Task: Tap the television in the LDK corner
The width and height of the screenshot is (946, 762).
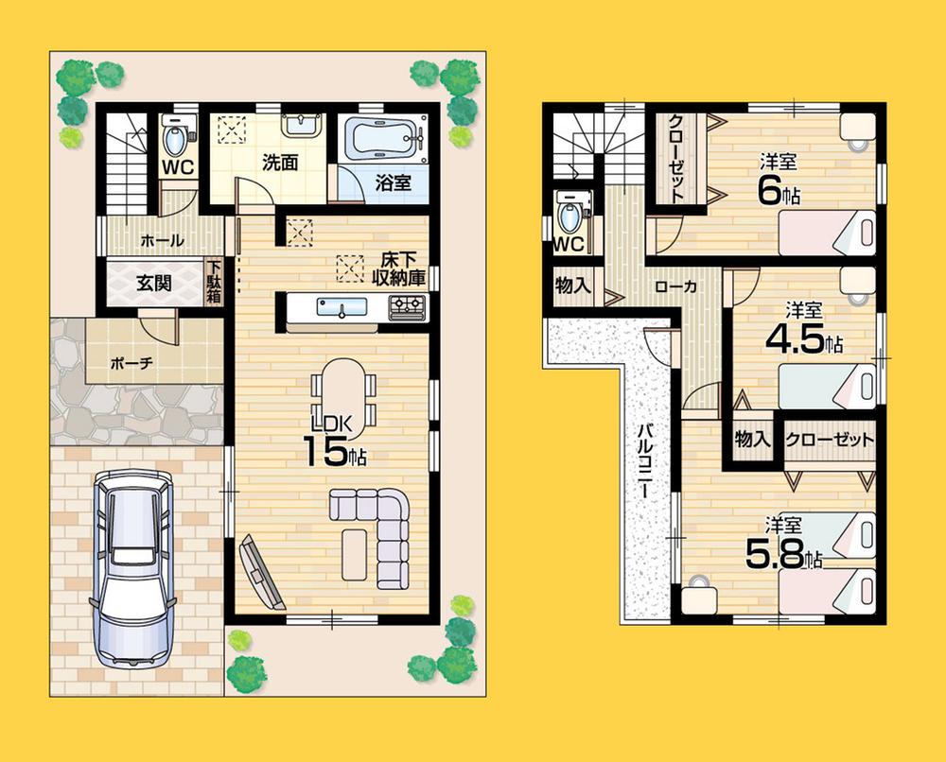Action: (x=261, y=571)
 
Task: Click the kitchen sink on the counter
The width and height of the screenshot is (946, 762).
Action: (x=342, y=306)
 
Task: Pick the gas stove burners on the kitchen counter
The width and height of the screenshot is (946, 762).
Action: (x=407, y=305)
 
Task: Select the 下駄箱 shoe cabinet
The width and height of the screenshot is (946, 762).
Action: (x=215, y=283)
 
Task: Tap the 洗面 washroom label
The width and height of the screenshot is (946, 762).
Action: (x=280, y=163)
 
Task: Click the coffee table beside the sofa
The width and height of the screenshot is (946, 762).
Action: (x=353, y=553)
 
